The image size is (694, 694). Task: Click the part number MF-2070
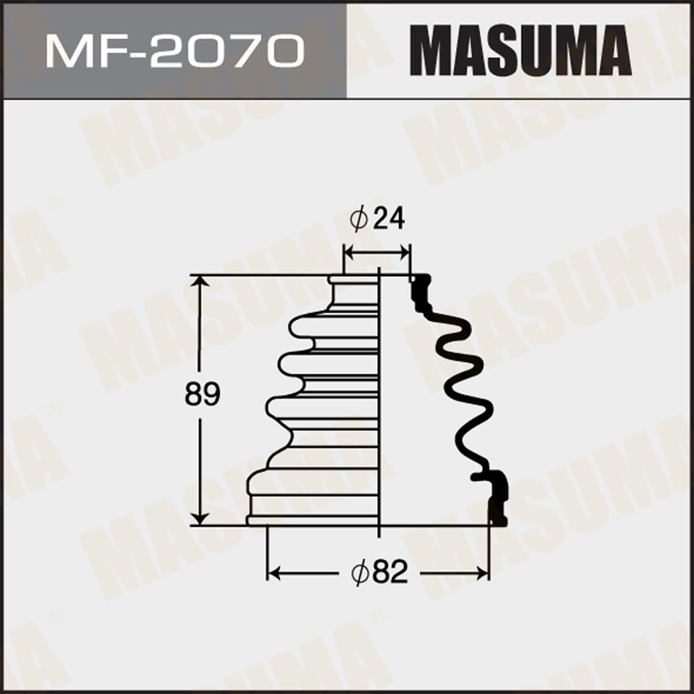[175, 52]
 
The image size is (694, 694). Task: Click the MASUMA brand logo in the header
[520, 51]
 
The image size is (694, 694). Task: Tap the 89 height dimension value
[202, 394]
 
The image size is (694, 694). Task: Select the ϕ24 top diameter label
[377, 218]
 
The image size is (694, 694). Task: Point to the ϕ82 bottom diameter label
[380, 573]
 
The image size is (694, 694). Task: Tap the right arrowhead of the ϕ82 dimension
[482, 573]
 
